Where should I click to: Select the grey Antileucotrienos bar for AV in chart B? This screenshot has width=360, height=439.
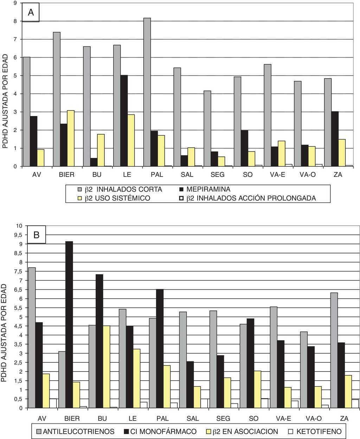coord(32,337)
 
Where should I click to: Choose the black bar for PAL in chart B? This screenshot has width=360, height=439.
coord(159,348)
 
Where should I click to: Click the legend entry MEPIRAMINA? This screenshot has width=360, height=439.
coord(208,189)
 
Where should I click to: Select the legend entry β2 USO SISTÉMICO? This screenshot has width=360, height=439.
coord(117,198)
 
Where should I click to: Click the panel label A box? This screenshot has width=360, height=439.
coord(31,12)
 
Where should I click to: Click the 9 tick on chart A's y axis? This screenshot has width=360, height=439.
coord(15,3)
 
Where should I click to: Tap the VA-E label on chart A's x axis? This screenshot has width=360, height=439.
coord(277,175)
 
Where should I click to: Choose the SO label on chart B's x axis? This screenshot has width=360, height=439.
coord(253,418)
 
